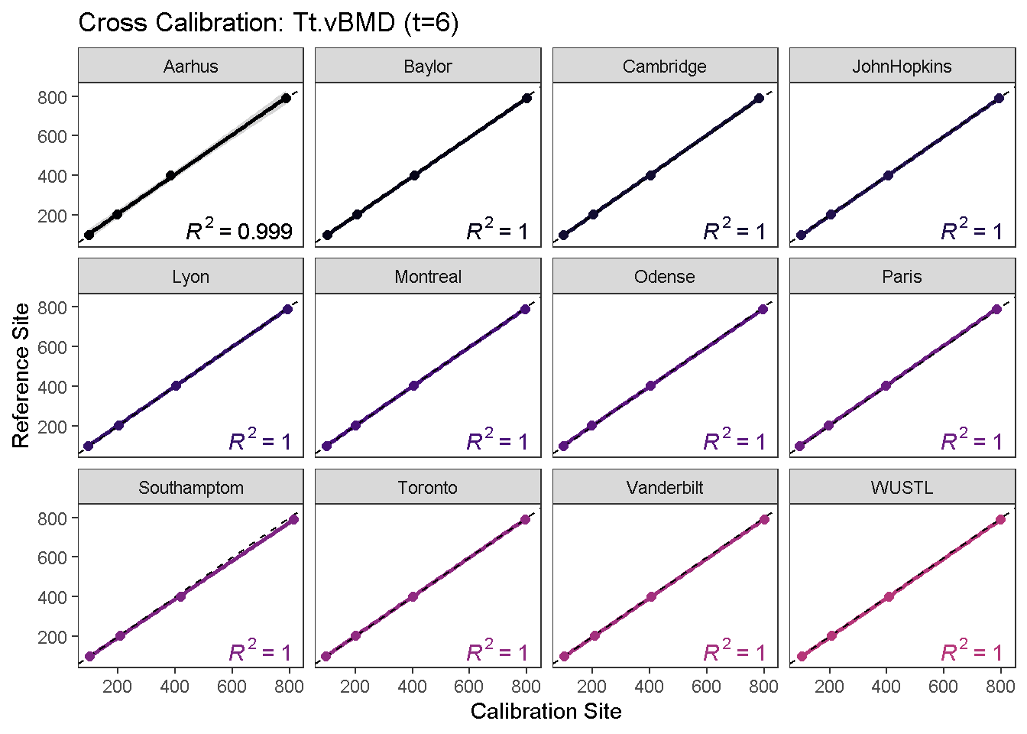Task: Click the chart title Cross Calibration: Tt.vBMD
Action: [x=268, y=23]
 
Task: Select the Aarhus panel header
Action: [x=190, y=67]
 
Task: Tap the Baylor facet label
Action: [x=428, y=67]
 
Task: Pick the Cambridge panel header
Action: [x=665, y=67]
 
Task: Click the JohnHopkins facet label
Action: [x=902, y=67]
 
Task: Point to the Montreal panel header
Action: [x=428, y=277]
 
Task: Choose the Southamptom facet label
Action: [x=190, y=488]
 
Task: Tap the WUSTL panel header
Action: [x=902, y=488]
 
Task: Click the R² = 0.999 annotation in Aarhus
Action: [x=239, y=230]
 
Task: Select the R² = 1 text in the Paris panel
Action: [x=971, y=441]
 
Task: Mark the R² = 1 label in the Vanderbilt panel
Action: [x=734, y=652]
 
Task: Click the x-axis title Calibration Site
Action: [x=546, y=712]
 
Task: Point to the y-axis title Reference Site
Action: [x=21, y=375]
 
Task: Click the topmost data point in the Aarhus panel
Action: [x=286, y=98]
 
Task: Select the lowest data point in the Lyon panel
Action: [x=88, y=446]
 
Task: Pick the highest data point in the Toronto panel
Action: [x=525, y=519]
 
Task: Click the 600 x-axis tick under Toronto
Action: [x=469, y=686]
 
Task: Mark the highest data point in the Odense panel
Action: [x=763, y=309]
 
